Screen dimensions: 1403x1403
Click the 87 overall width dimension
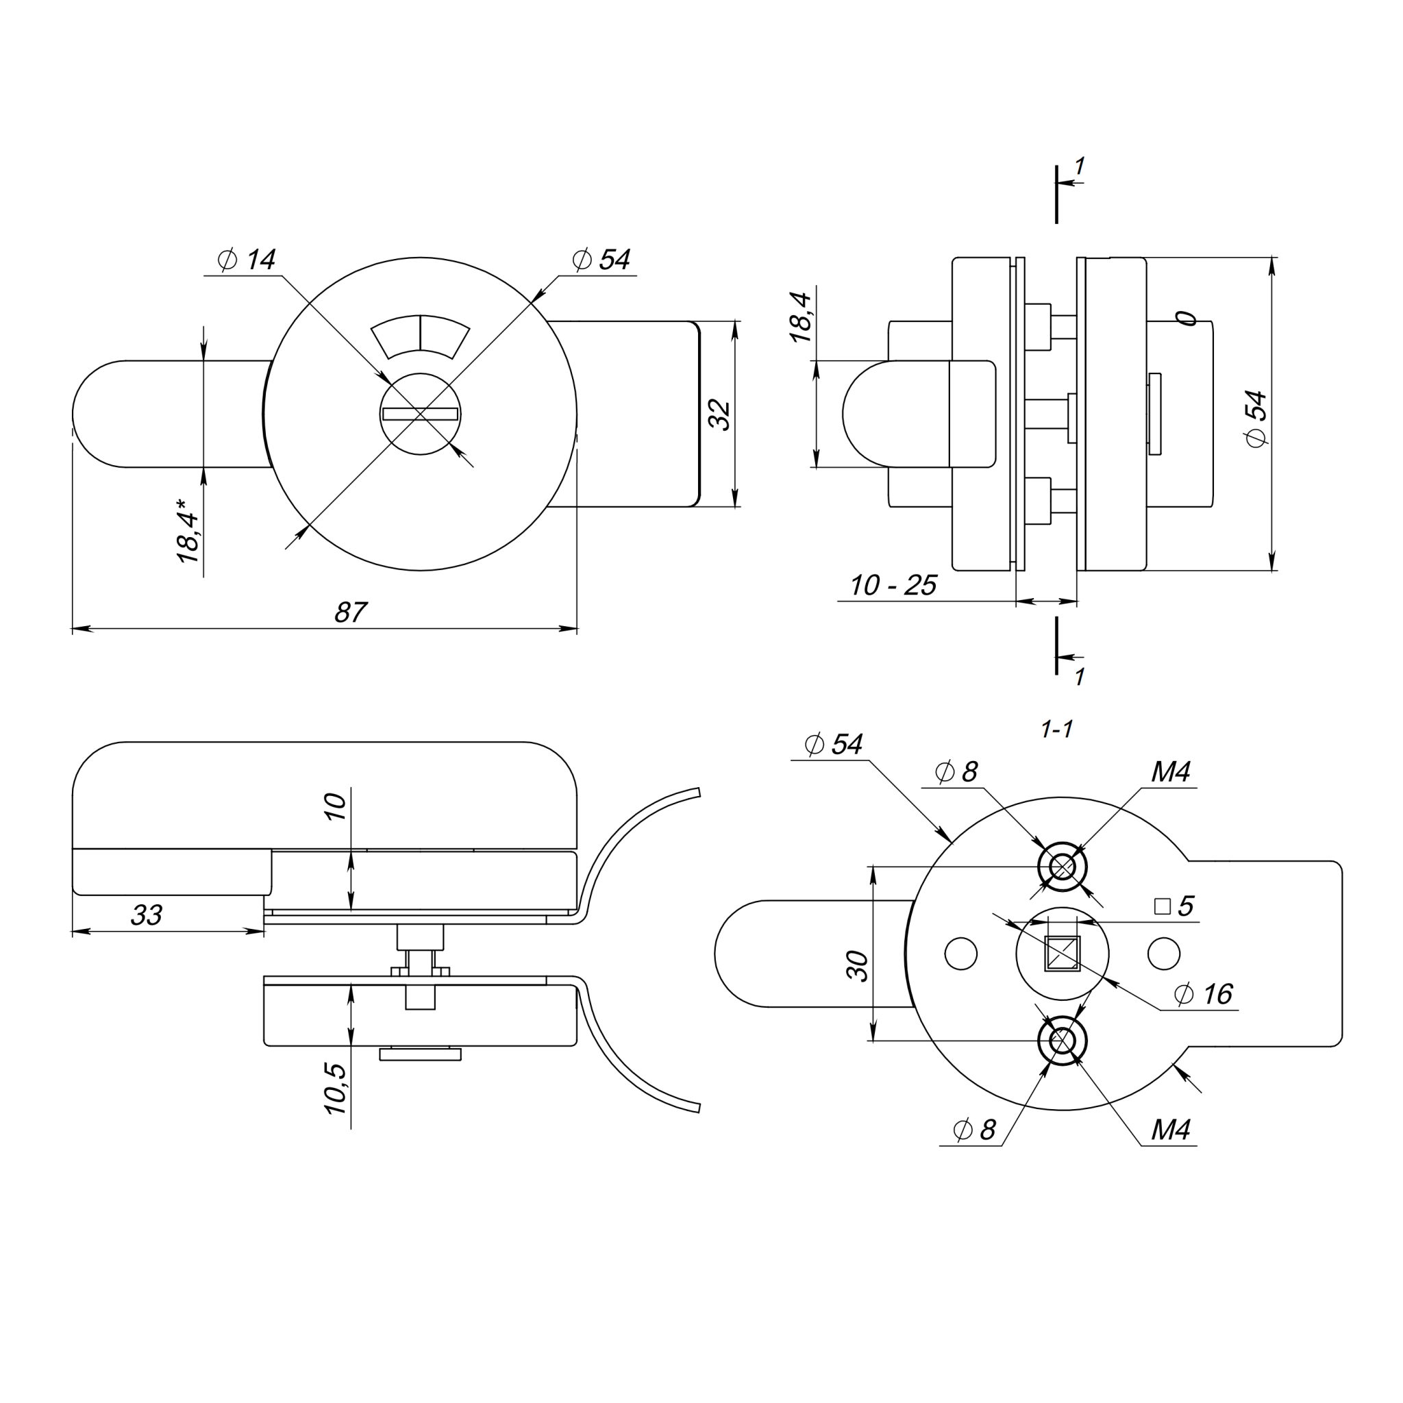pos(351,612)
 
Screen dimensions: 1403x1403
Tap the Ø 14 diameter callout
pos(247,260)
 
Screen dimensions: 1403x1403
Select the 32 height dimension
pos(720,414)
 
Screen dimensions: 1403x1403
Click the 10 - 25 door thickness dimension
pos(893,585)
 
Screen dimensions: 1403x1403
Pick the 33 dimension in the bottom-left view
pos(146,915)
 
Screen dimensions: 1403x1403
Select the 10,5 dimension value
pos(336,1089)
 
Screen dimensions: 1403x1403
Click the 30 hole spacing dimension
pos(859,966)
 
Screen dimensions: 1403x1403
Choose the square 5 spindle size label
pos(1174,906)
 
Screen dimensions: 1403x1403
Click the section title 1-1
pos(1056,729)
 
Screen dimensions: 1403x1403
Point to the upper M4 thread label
pos(1171,772)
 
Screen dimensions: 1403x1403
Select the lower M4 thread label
pos(1171,1129)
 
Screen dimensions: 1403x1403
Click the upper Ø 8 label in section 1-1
pos(957,772)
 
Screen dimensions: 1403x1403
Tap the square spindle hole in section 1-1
pos(1062,954)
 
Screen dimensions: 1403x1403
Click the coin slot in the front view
pos(421,414)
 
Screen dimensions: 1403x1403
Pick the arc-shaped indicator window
pos(421,336)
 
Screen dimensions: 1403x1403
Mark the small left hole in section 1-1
pos(960,954)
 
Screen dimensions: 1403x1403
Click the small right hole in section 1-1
pos(1163,954)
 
